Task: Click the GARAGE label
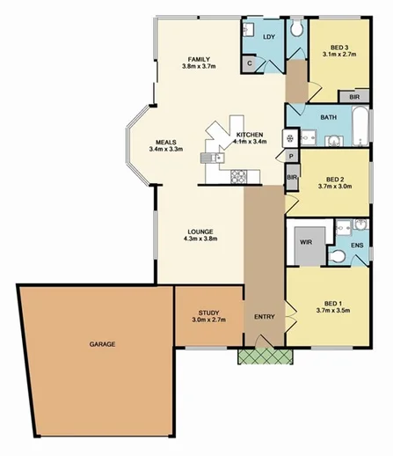tap(102, 344)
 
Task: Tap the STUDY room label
tap(208, 312)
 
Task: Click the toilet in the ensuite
tap(336, 256)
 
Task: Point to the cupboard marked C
tap(250, 63)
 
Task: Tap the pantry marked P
tap(290, 155)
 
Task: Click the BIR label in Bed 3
tap(353, 95)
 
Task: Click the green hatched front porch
tap(265, 356)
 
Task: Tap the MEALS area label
tap(168, 141)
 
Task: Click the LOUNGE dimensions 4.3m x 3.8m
tap(200, 238)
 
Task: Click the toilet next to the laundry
tap(296, 30)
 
